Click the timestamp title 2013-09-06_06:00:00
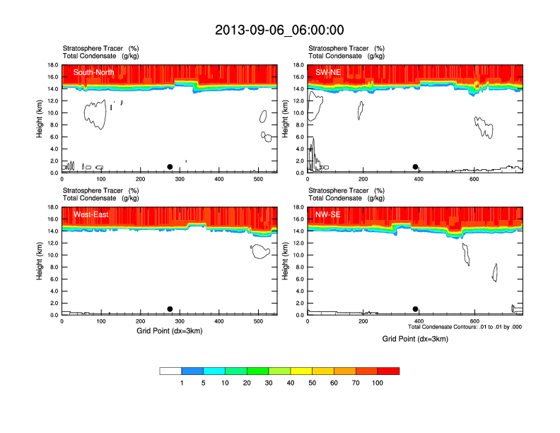(x=279, y=30)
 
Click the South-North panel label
(x=95, y=72)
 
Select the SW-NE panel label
(x=328, y=72)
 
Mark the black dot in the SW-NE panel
(x=416, y=167)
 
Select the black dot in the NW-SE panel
(x=415, y=309)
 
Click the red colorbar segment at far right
(x=388, y=371)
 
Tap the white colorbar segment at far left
(x=170, y=371)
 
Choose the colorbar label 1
(x=182, y=383)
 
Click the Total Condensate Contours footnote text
(x=465, y=327)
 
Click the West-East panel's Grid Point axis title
(x=169, y=331)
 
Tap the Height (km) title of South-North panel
(x=40, y=119)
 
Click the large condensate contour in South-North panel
(x=95, y=113)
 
